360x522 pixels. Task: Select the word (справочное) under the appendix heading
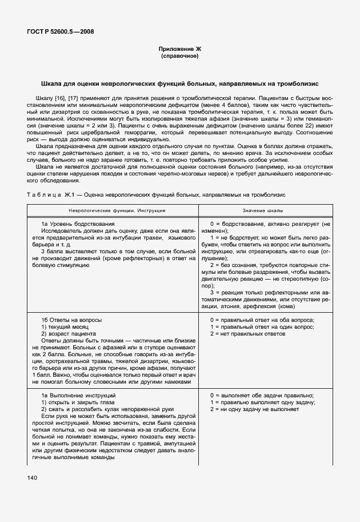tap(180, 57)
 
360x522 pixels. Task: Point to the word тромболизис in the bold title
tap(299, 84)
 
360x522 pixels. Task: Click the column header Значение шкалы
tap(266, 210)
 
